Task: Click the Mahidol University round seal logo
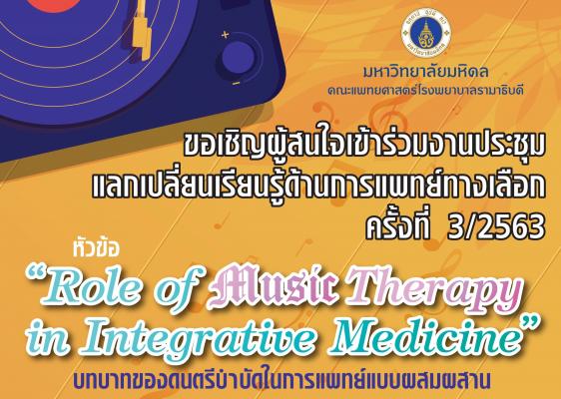click(426, 34)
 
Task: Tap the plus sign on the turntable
click(225, 35)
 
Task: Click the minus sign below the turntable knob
click(236, 84)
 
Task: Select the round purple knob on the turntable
click(238, 58)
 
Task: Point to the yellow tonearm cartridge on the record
click(142, 29)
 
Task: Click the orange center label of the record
click(54, 4)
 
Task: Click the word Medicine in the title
click(427, 336)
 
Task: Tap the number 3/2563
click(496, 227)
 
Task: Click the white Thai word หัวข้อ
click(95, 248)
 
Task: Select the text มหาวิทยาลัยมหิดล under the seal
click(425, 72)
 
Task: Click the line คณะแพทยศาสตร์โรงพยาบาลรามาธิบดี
click(425, 90)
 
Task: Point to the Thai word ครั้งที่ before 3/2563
click(398, 226)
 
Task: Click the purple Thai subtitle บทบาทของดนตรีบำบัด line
click(282, 380)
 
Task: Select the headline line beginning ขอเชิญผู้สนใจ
click(364, 146)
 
